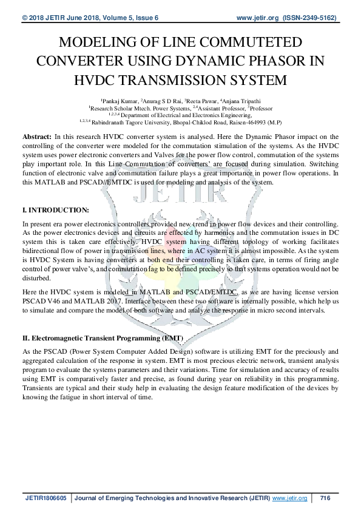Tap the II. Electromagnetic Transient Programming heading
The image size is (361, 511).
pyautogui.click(x=99, y=337)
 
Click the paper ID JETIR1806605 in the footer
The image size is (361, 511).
pyautogui.click(x=46, y=498)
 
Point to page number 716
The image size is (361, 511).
pyautogui.click(x=325, y=498)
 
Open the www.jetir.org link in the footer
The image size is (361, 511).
pyautogui.click(x=289, y=498)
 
